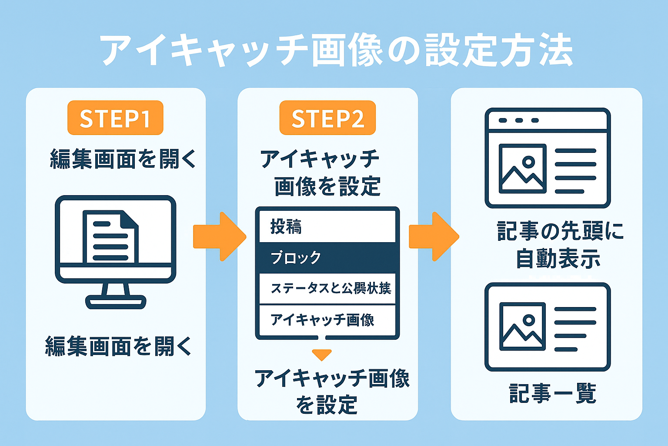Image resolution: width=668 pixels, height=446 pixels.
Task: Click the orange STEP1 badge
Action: pos(115,118)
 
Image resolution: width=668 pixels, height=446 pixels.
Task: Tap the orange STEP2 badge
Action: pos(327,118)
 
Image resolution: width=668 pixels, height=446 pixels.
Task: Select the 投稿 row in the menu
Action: pos(327,227)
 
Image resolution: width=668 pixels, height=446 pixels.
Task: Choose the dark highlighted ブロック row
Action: pos(327,257)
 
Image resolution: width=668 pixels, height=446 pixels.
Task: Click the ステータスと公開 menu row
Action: pos(327,288)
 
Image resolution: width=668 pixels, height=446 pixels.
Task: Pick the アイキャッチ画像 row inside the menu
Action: pos(327,320)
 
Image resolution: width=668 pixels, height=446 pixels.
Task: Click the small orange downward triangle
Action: pos(322,355)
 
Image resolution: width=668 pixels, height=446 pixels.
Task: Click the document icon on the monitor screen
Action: pos(110,237)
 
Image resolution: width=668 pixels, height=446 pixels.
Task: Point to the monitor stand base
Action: pos(116,301)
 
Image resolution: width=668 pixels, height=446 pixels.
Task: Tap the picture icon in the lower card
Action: pos(522,327)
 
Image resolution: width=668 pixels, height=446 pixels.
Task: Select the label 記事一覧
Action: pos(552,393)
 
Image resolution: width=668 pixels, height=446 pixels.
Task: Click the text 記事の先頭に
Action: pos(560,231)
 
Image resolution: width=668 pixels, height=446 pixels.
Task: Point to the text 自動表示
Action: pos(558,259)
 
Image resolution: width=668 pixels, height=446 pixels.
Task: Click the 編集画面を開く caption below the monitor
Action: pos(118,347)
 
